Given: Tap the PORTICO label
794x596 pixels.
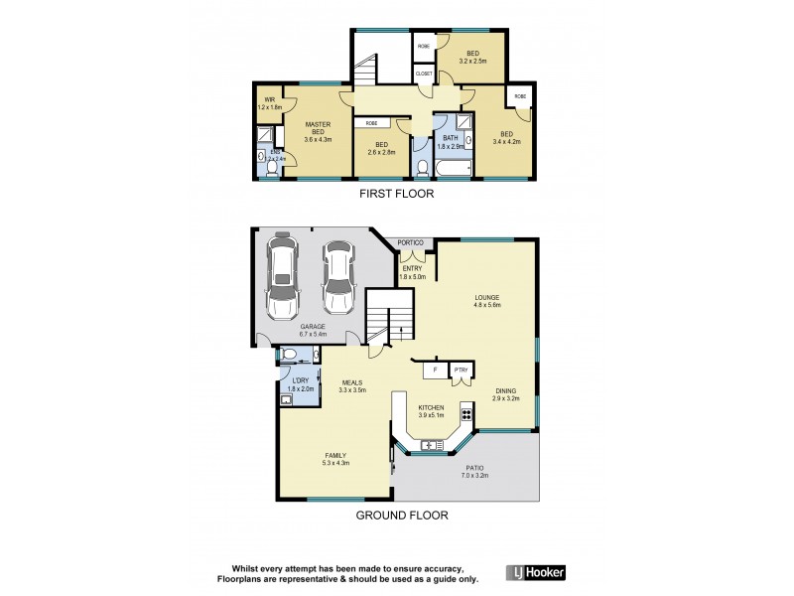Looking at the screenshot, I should point(411,243).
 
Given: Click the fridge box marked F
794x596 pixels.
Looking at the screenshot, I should point(434,371).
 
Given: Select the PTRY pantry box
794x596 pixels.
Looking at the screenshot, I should point(460,371).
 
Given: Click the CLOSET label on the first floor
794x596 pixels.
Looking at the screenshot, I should point(424,74).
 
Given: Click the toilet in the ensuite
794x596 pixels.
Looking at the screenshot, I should point(262,157).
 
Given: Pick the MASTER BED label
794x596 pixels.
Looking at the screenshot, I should point(318,128).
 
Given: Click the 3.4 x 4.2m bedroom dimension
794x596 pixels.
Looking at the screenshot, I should point(506,142).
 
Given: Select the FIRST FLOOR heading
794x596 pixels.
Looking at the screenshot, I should point(397,195).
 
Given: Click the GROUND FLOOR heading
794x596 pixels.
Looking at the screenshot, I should point(403,516).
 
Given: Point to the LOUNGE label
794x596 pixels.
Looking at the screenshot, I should point(486,298).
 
